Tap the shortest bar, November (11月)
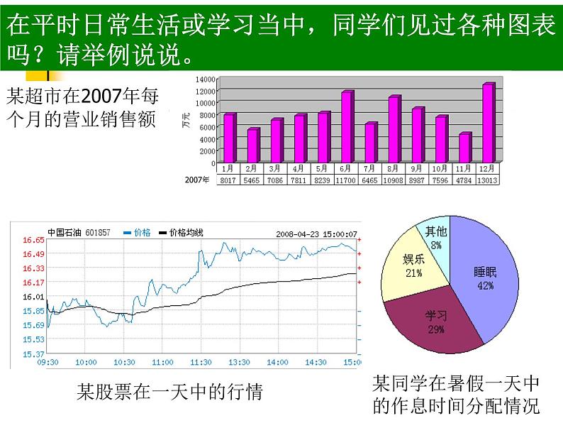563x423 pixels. pyautogui.click(x=464, y=147)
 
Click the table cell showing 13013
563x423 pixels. pyautogui.click(x=488, y=180)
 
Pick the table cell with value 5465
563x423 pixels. pyautogui.click(x=252, y=180)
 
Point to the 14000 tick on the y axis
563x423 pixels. pyautogui.click(x=206, y=79)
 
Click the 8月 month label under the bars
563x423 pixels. pyautogui.click(x=394, y=169)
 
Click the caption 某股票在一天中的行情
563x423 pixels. pyautogui.click(x=169, y=391)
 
